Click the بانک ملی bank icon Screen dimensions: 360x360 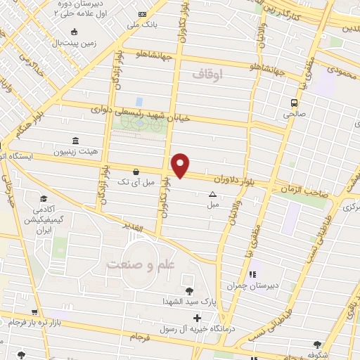point(143,15)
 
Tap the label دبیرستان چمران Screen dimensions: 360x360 point(250,286)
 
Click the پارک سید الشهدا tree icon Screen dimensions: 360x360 point(188,291)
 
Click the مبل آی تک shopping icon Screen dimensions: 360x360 point(135,172)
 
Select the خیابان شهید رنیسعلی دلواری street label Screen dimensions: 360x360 point(141,109)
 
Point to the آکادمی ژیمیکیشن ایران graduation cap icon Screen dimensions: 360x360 point(44,199)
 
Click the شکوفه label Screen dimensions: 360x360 point(317,356)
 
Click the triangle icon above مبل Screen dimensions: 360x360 point(212,195)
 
